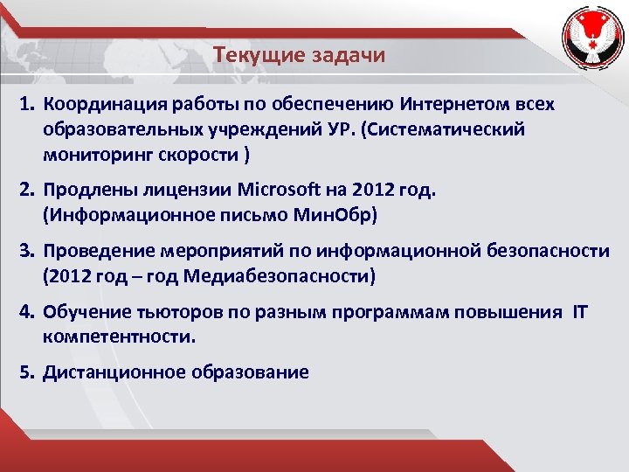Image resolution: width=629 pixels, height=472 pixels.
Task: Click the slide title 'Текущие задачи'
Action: [x=299, y=55]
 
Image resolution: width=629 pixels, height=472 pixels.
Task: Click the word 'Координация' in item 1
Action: [x=93, y=105]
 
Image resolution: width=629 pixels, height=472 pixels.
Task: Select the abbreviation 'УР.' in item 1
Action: [x=344, y=130]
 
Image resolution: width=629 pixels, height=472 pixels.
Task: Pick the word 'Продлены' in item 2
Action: [x=78, y=190]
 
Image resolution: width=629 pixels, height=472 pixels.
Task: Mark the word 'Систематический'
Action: [x=446, y=130]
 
